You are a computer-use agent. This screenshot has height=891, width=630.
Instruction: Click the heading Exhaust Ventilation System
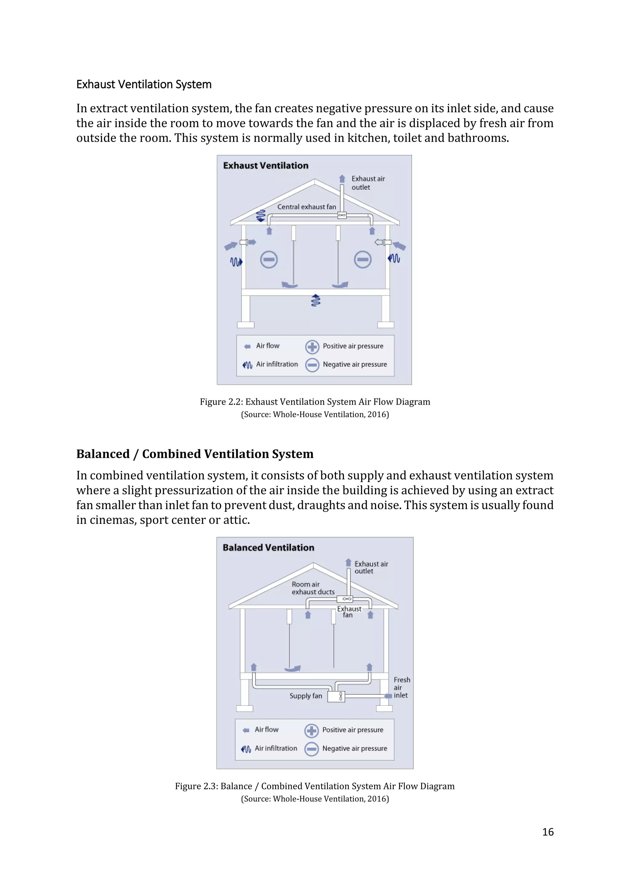[144, 84]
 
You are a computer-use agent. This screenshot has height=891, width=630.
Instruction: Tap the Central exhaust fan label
[306, 207]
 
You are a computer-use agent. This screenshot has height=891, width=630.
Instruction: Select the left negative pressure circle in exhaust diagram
[269, 260]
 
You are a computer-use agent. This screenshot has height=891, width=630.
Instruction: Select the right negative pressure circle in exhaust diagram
[363, 260]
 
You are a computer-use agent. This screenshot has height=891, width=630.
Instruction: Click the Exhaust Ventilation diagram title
[266, 166]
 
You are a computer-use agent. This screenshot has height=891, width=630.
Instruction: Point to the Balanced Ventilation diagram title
[269, 548]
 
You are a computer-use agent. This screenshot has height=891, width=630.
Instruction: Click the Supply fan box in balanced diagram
[336, 696]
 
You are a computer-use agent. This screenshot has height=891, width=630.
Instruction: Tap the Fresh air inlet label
[401, 687]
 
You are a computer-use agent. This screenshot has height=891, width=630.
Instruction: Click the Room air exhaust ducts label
[313, 588]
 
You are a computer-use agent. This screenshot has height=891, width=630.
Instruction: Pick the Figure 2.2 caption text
[315, 402]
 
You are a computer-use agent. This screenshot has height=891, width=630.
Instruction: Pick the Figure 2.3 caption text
[315, 786]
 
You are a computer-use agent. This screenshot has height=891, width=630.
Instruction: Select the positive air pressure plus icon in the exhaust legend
[312, 346]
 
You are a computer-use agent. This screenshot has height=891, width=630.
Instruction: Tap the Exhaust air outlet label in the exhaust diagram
[368, 183]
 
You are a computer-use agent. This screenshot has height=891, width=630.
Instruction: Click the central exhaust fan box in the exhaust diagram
[342, 215]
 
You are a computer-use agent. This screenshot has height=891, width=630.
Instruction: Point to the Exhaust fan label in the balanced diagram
[349, 612]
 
